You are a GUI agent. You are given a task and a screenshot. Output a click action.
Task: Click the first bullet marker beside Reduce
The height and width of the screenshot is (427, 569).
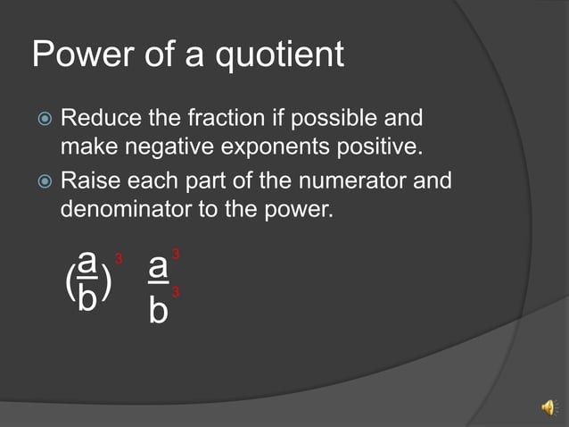tap(45, 119)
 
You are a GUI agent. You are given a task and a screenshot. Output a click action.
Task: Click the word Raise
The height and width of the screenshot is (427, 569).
tap(91, 181)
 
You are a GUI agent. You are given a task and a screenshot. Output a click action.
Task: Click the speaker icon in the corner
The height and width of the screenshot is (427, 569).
tap(548, 407)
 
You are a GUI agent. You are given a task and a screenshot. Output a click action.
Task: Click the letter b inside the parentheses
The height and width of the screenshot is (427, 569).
tap(87, 299)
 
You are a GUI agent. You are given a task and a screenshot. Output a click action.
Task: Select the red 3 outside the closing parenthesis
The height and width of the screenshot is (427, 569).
tap(119, 258)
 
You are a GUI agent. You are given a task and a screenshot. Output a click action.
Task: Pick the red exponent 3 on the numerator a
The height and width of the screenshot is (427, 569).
tap(176, 256)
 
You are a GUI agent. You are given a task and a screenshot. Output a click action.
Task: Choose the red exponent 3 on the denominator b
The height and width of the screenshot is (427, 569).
tap(176, 292)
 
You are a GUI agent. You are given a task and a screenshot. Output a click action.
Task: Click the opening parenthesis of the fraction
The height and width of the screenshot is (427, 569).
tap(70, 283)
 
